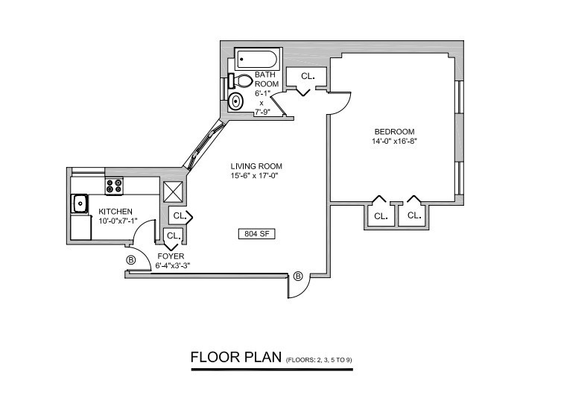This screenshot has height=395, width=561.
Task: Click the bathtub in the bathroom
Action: [x=256, y=59]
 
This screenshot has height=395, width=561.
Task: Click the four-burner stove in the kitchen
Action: [x=114, y=186]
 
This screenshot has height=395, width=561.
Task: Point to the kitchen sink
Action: [x=79, y=203]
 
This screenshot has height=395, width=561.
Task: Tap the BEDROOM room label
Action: [x=393, y=131]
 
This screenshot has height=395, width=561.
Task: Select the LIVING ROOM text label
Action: [x=256, y=166]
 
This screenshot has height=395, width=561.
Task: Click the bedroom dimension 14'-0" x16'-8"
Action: [x=393, y=141]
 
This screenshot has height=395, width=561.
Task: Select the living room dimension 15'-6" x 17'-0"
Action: [x=256, y=177]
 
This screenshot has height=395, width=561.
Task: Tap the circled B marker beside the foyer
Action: [x=131, y=259]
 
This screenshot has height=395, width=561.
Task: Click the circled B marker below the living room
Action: [x=298, y=276]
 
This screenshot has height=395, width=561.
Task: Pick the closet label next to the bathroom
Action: [x=307, y=76]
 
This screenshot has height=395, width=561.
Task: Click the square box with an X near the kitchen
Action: [x=174, y=191]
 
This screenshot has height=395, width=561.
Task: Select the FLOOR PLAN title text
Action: [x=235, y=355]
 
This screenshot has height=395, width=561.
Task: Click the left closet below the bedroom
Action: [x=381, y=216]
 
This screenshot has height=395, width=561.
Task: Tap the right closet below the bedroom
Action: [x=413, y=216]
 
